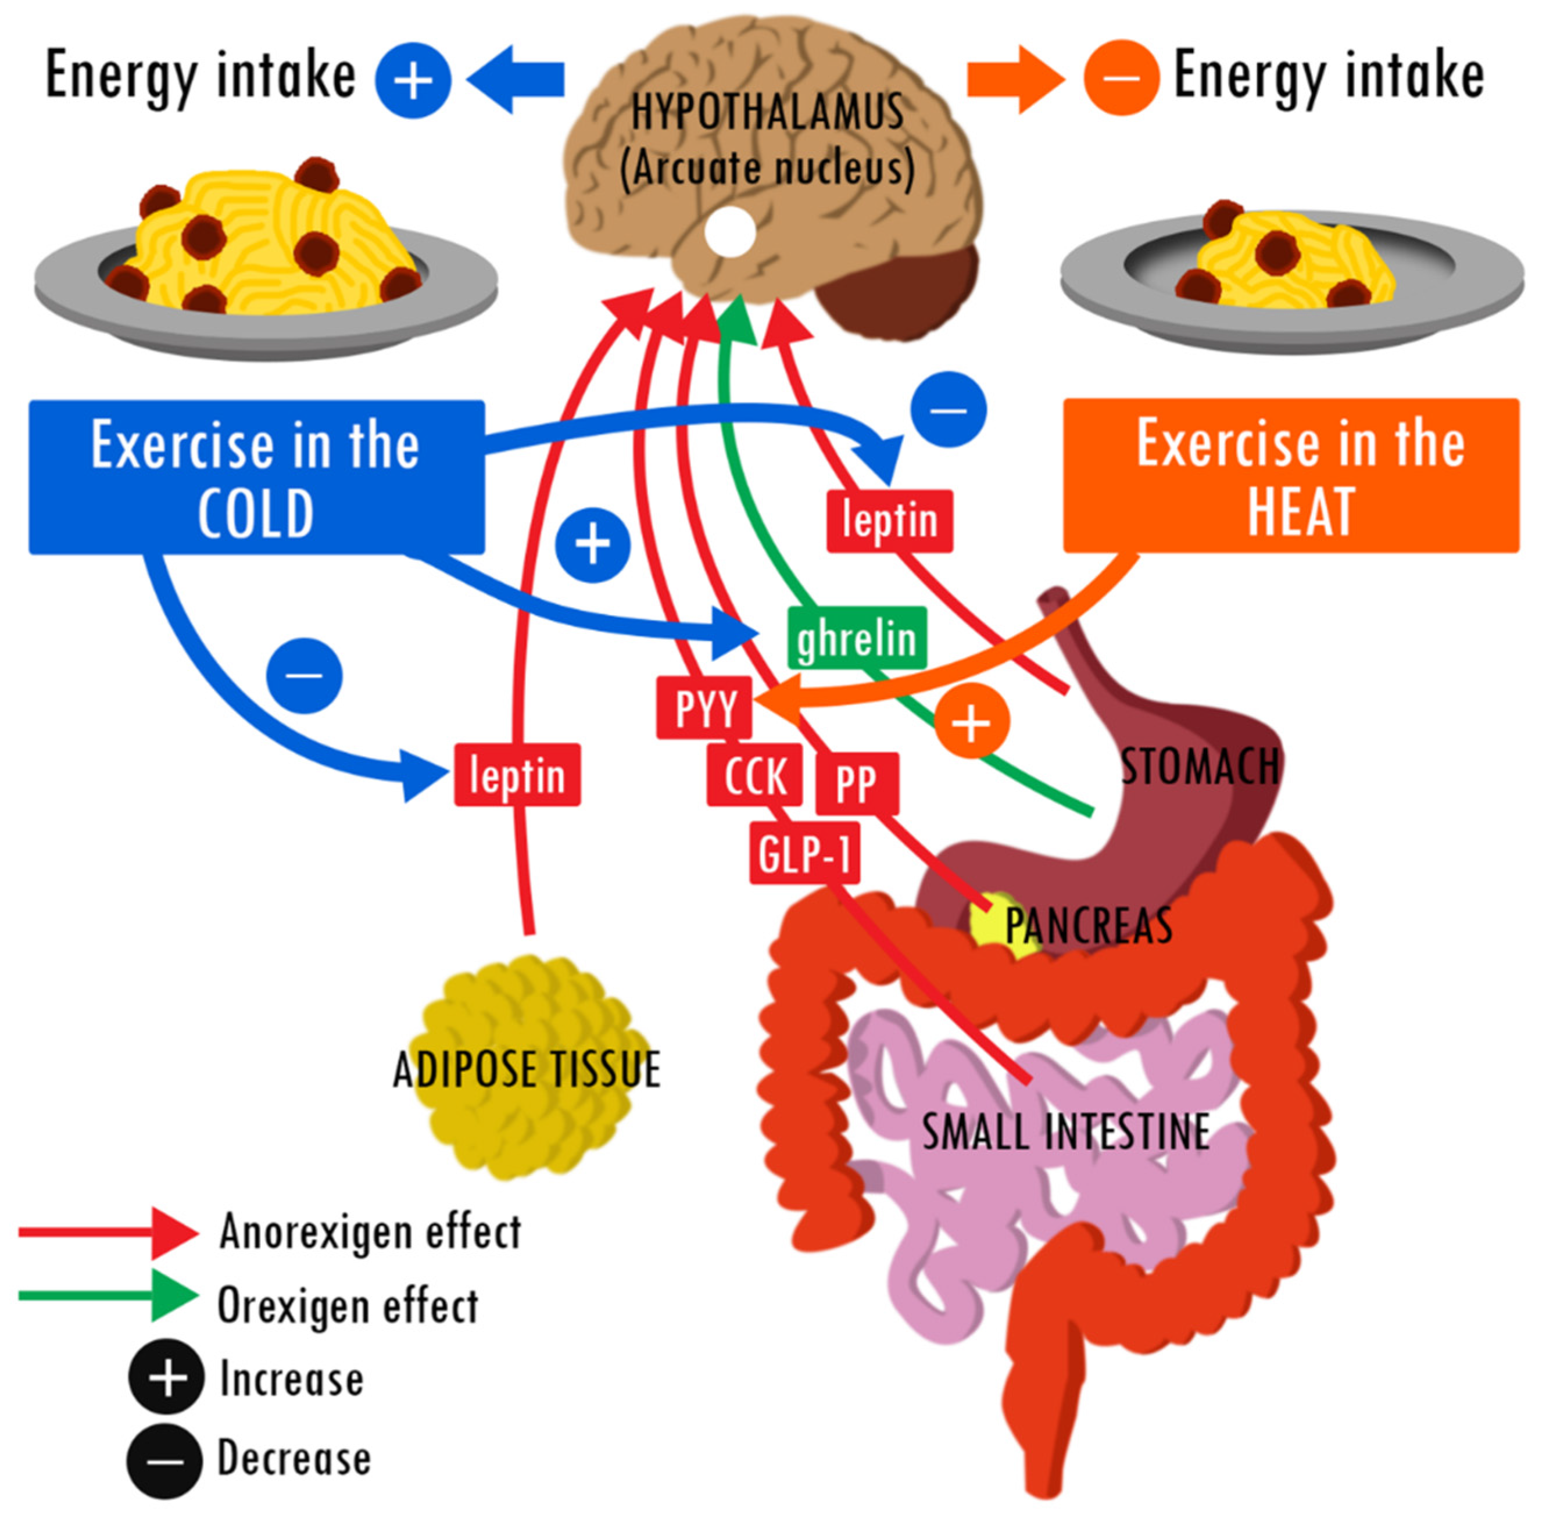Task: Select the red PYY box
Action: tap(703, 707)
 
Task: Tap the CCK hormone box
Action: tap(753, 775)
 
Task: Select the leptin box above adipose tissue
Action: tap(517, 775)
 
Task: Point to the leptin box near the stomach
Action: tap(889, 520)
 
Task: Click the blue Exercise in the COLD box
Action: tap(256, 477)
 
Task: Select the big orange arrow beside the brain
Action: tap(1014, 79)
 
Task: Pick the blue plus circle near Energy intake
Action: tap(413, 80)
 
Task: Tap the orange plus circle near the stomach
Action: tap(971, 722)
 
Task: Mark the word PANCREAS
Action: tap(1088, 925)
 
